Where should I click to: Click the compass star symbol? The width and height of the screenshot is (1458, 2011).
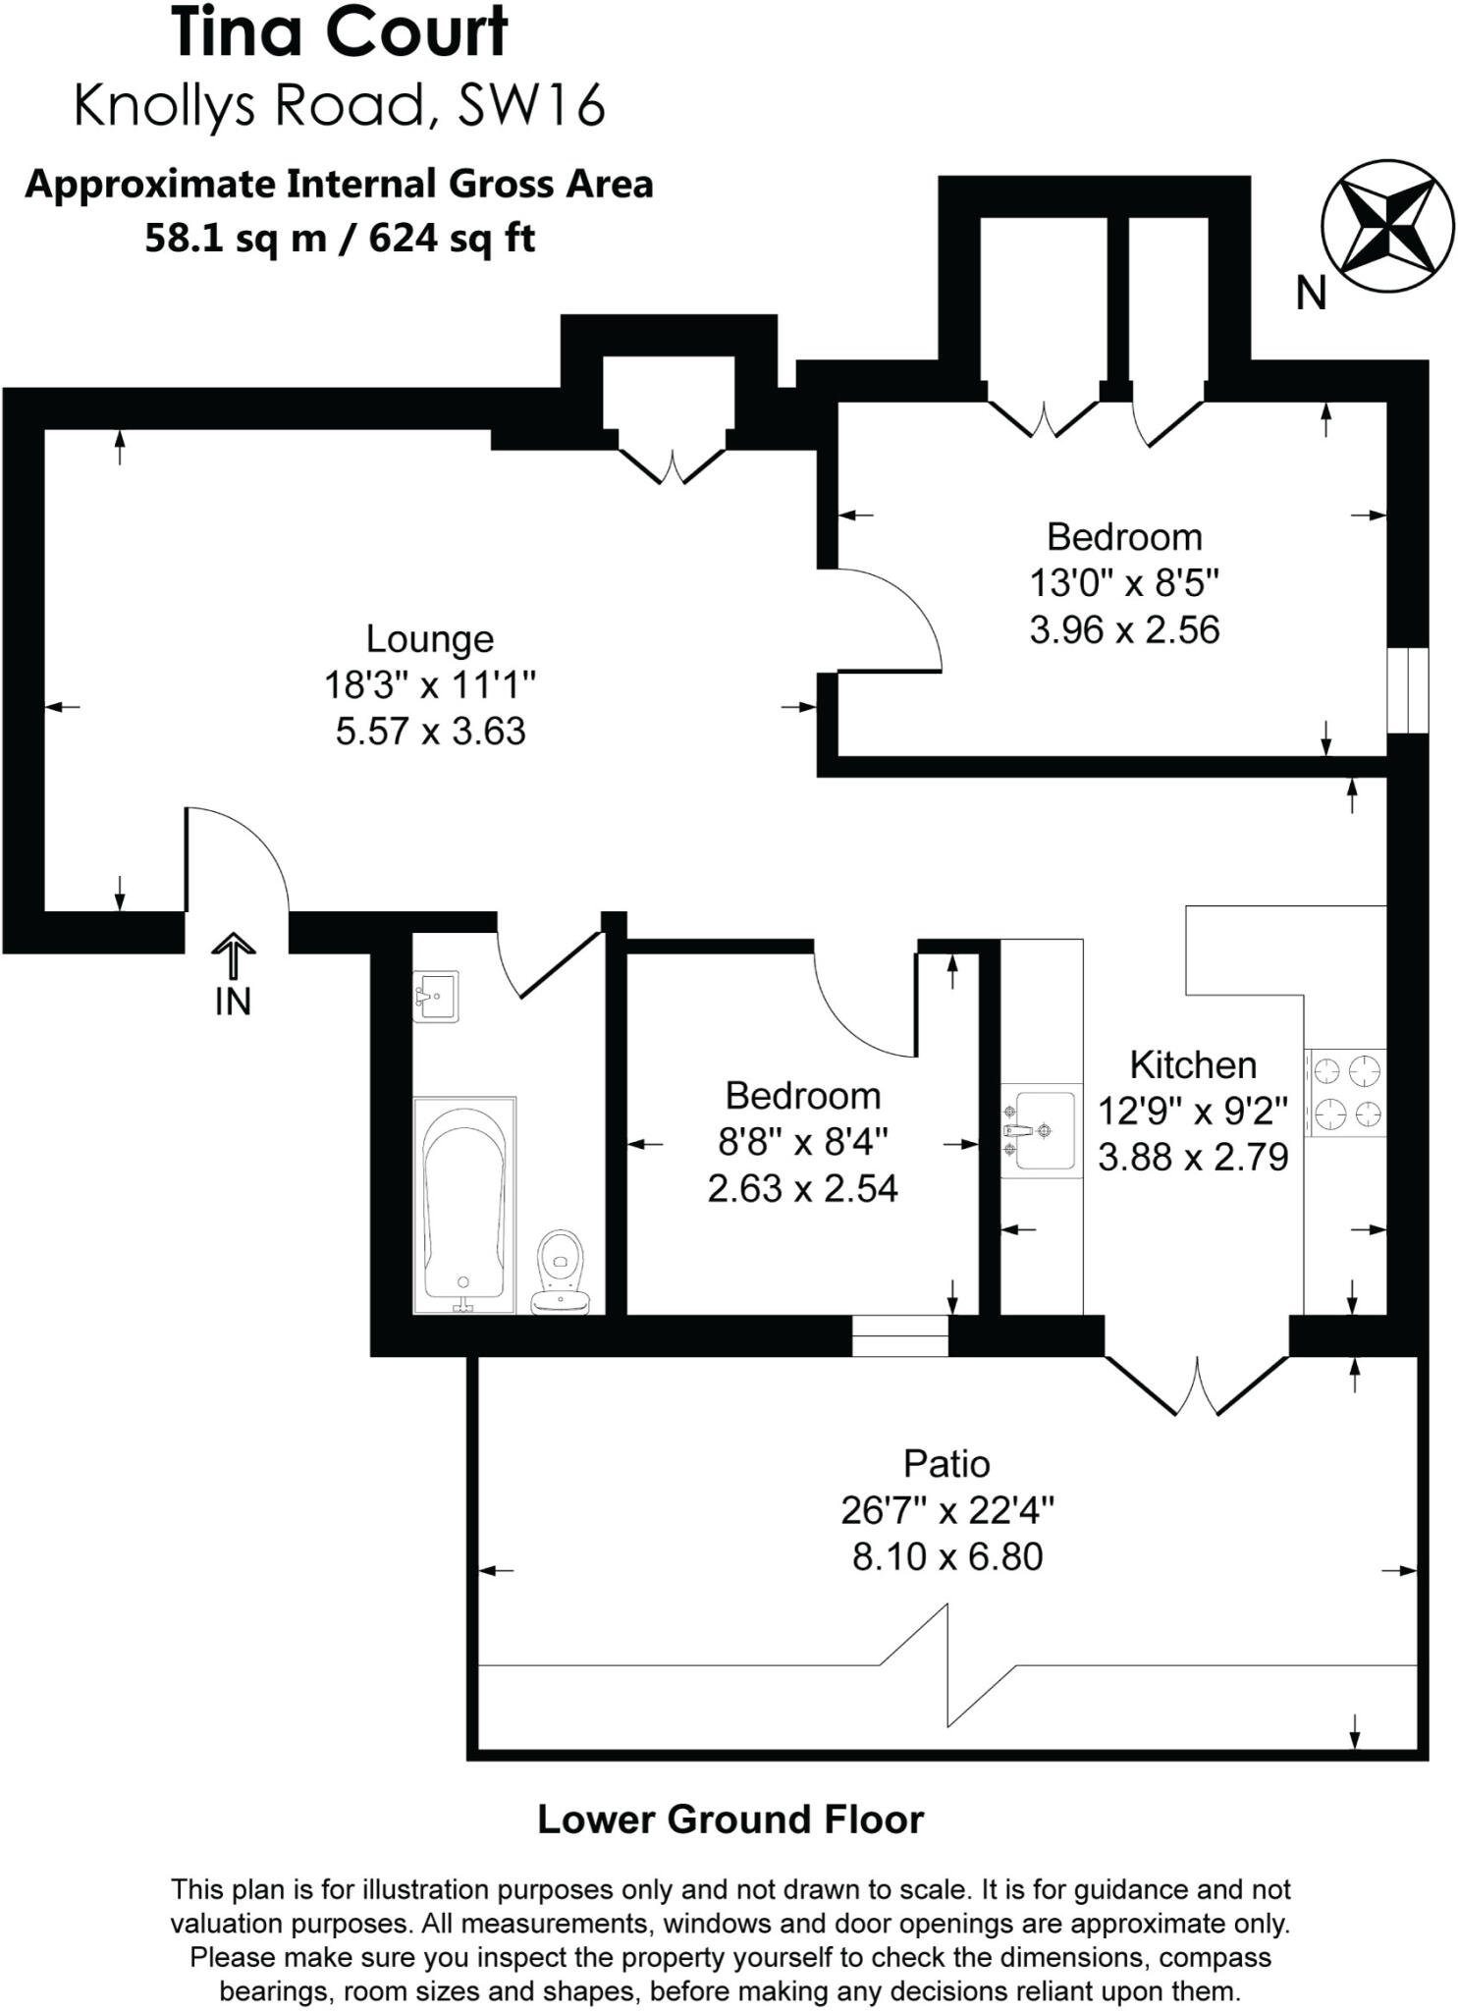[1386, 226]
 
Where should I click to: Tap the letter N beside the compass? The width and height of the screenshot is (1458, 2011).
[1311, 294]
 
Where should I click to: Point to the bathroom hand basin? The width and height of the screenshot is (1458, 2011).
[436, 996]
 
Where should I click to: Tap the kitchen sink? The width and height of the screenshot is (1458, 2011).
[1040, 1131]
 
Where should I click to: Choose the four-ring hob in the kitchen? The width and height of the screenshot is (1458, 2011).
[1346, 1093]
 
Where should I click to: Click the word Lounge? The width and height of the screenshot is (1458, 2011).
[430, 639]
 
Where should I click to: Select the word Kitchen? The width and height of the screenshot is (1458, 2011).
[1193, 1065]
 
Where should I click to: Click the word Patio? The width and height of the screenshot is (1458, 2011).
[946, 1464]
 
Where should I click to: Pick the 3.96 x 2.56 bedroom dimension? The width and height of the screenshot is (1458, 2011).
[1124, 629]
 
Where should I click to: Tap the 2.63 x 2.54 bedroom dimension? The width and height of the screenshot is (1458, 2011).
[802, 1189]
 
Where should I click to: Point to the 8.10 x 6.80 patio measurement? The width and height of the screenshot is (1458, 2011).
[946, 1557]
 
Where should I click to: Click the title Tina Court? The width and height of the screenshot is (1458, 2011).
[340, 33]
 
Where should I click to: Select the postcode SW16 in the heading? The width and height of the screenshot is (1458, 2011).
[531, 105]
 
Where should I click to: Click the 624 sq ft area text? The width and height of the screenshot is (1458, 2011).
[452, 239]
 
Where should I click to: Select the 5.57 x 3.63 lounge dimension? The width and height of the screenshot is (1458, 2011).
[430, 732]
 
